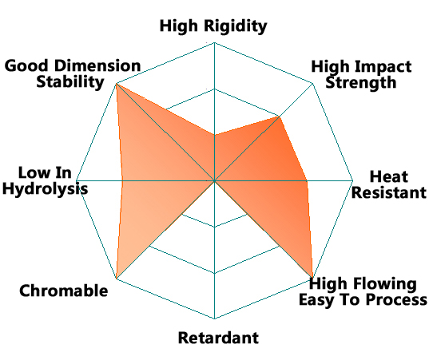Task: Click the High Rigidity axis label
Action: point(213,26)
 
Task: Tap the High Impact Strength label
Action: point(361,74)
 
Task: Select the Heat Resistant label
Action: point(389,184)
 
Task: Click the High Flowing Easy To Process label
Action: point(363,291)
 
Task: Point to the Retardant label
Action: point(218,338)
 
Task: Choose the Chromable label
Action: point(63,291)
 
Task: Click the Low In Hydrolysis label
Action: point(46,180)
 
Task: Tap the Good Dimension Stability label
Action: point(73,73)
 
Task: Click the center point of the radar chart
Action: point(214,180)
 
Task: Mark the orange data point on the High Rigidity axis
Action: point(214,135)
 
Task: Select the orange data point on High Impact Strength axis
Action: point(280,117)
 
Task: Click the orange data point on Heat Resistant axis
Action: point(307,180)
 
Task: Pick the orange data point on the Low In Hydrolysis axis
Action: point(122,180)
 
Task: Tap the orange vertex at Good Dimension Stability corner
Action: point(117,84)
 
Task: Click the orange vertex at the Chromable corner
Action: point(117,279)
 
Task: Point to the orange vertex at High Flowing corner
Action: point(312,279)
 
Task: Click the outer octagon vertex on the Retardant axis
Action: point(214,318)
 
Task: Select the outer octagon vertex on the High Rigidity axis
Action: point(214,42)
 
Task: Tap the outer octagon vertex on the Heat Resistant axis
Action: point(353,180)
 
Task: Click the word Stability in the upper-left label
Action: point(70,82)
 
